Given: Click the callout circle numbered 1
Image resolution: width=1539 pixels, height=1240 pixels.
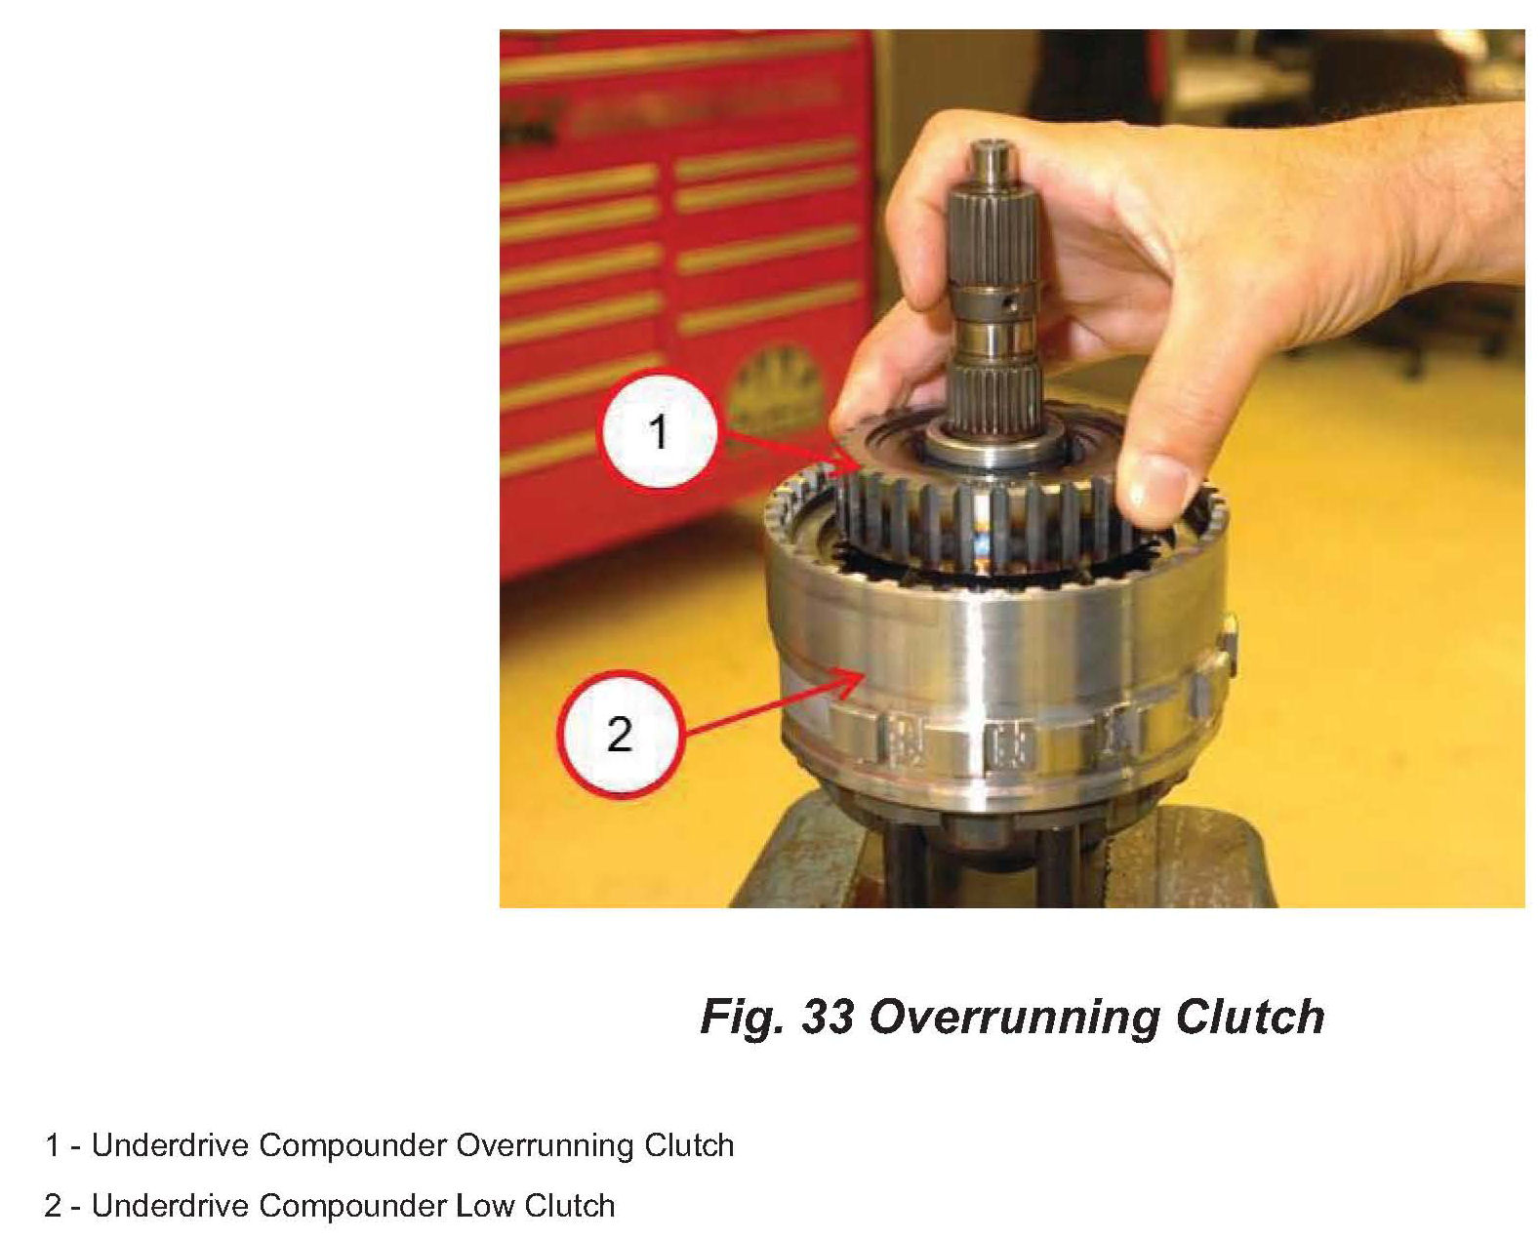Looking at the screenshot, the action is click(x=658, y=430).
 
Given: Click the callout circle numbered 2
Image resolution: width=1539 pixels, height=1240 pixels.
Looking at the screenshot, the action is click(x=620, y=734).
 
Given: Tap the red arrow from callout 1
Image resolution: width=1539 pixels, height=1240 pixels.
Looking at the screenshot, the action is click(x=793, y=450).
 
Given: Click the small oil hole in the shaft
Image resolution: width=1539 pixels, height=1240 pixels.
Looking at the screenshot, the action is click(x=1010, y=304).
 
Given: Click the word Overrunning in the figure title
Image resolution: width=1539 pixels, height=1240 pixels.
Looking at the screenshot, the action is click(x=1016, y=1018).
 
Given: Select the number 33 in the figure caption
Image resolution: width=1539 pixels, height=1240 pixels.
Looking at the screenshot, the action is click(x=828, y=1017).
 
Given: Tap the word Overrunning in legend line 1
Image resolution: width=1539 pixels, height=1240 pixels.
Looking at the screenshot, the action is click(x=545, y=1146).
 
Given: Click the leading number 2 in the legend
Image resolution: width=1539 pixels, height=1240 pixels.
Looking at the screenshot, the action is click(x=53, y=1207).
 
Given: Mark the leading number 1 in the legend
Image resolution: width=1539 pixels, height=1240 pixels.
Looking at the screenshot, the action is click(x=52, y=1145).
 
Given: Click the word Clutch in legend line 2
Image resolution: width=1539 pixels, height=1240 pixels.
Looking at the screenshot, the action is click(x=569, y=1207).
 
